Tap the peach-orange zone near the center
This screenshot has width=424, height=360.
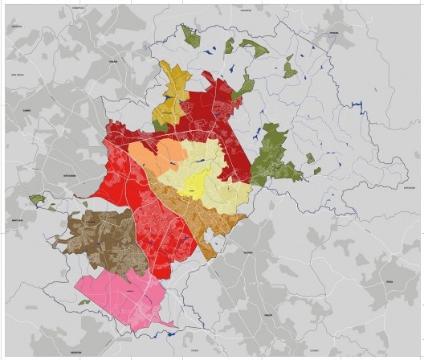pyautogui.click(x=149, y=157)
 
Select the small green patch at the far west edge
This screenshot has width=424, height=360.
pyautogui.click(x=37, y=198)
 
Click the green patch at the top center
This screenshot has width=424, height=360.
pyautogui.click(x=190, y=35)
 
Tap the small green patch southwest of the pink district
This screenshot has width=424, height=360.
pyautogui.click(x=84, y=302)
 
